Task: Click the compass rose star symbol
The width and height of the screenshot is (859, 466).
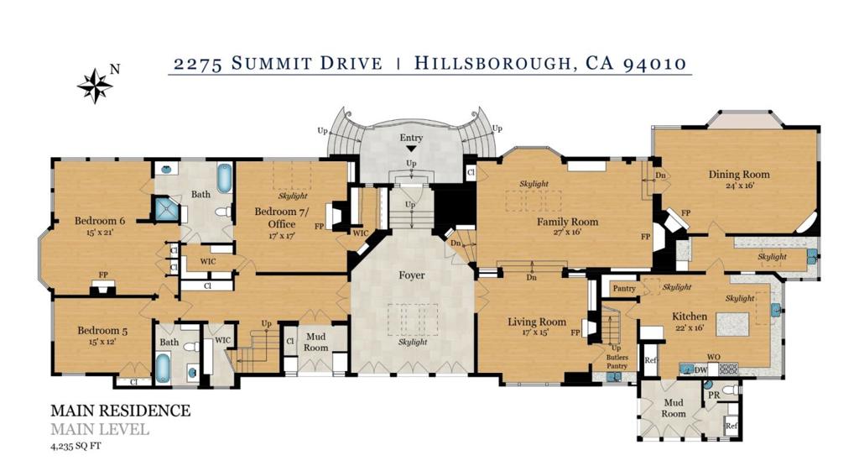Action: (95, 86)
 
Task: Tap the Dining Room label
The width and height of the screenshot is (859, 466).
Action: (739, 175)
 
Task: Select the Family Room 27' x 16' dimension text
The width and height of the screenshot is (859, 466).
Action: (567, 232)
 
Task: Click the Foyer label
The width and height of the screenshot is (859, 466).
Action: (411, 275)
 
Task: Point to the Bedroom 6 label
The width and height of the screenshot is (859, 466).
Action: (100, 221)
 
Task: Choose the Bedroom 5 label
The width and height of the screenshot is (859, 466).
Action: (102, 331)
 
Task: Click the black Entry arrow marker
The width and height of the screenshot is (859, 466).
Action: (411, 148)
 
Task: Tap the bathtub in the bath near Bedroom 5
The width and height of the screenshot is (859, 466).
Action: (164, 368)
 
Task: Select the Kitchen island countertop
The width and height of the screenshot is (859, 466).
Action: (731, 325)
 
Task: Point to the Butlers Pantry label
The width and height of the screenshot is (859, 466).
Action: (617, 362)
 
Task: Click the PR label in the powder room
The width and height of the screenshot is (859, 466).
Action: (714, 395)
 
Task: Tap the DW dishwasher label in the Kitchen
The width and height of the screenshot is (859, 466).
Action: (700, 370)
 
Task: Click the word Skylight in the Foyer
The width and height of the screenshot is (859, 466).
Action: (413, 342)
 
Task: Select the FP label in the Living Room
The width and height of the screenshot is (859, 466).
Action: (575, 332)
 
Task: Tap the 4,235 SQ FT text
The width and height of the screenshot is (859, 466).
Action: (75, 446)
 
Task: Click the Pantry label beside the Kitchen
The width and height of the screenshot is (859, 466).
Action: (624, 288)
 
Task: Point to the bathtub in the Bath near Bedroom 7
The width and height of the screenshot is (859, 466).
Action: (225, 178)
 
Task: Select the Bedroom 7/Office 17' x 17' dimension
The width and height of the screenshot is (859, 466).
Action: (282, 236)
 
